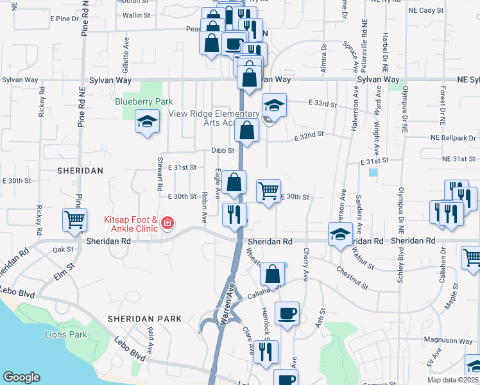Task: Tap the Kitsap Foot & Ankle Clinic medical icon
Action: point(167,222)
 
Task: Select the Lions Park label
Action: point(65,334)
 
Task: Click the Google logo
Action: point(21,377)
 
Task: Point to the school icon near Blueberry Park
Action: point(147,121)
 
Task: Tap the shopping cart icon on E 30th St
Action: point(268,190)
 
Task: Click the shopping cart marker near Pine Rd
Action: point(75,220)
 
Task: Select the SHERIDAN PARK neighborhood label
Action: point(144,319)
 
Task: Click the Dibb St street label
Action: point(221,150)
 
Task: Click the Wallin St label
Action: point(135,15)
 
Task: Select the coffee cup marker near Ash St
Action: point(287,314)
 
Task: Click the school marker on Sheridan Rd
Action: point(340,234)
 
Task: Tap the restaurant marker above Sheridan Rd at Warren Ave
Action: point(234,214)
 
